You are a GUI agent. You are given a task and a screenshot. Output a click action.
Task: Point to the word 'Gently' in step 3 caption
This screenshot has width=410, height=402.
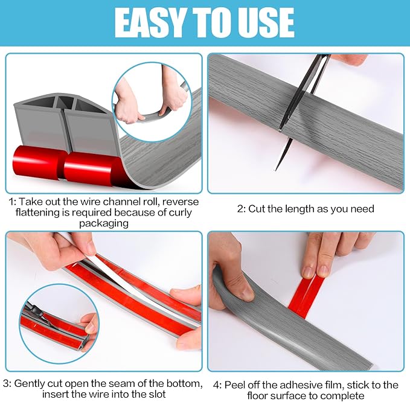pos(31,383)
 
